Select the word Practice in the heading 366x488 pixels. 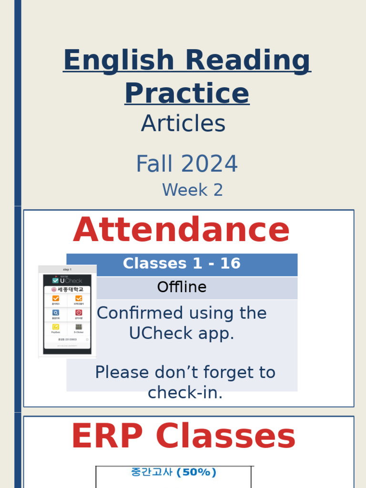187,93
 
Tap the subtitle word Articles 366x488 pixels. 183,124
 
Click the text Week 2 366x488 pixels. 193,190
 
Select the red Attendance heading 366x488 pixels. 182,230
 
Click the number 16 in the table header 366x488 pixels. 230,264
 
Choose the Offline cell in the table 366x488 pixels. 182,287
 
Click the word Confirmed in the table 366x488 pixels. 134,313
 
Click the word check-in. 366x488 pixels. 185,392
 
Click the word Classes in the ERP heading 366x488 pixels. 226,437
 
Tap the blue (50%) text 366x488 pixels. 196,472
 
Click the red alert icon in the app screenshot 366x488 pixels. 79,313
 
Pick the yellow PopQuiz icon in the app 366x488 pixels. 56,327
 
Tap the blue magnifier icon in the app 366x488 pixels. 56,313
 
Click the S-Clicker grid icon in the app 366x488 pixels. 79,327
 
